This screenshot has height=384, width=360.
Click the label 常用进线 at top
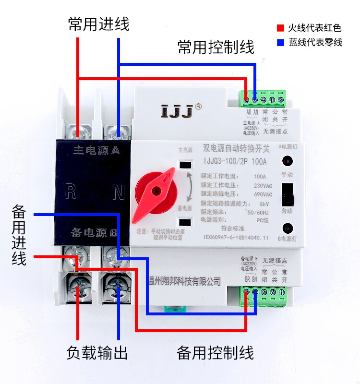tap(98, 24)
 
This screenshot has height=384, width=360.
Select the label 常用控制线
tap(216, 47)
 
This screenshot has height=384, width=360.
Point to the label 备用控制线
tap(215, 353)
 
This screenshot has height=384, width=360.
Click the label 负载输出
tap(97, 353)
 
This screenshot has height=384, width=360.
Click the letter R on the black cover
tap(71, 192)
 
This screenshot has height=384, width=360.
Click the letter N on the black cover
tap(118, 192)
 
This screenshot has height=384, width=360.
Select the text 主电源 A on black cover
tap(96, 150)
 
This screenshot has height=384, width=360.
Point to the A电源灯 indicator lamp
tap(287, 161)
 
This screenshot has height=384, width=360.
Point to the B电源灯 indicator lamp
tap(287, 228)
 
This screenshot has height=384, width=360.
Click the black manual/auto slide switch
tap(287, 194)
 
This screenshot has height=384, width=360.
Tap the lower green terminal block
tap(264, 291)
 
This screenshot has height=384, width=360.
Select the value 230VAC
tap(263, 185)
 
